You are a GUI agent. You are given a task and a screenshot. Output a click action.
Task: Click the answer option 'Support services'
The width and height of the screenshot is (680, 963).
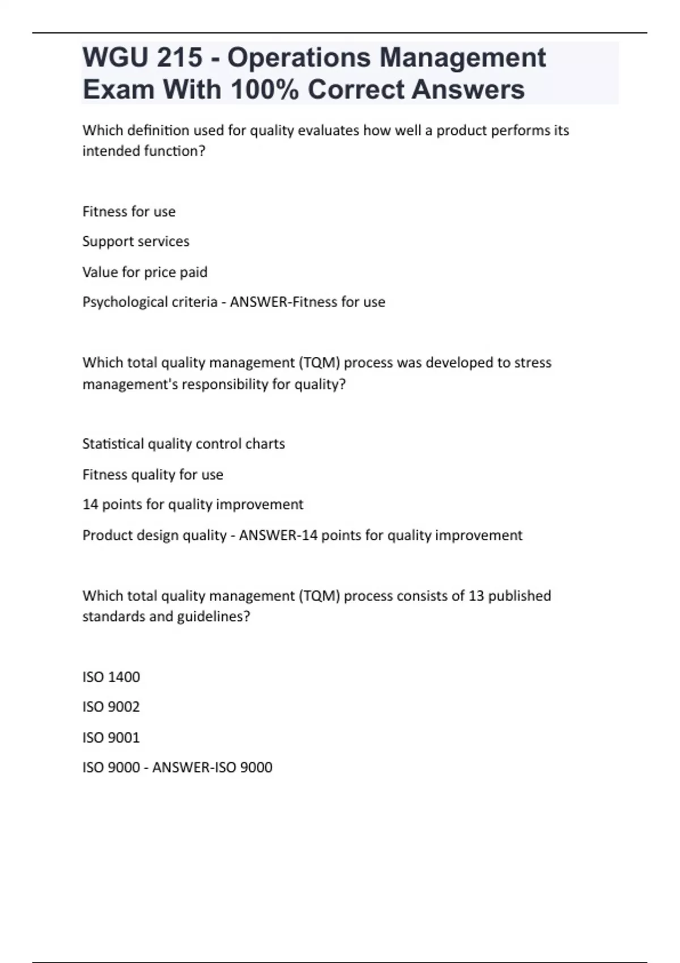[136, 241]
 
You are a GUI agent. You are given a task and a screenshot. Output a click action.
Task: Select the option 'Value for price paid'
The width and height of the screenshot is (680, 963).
[145, 272]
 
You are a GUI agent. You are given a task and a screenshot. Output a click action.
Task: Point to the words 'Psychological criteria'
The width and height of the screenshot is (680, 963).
[150, 302]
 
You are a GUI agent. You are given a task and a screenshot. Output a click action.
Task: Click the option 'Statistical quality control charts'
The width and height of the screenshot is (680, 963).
[184, 444]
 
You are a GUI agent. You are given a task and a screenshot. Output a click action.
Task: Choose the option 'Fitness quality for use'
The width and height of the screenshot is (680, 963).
[153, 474]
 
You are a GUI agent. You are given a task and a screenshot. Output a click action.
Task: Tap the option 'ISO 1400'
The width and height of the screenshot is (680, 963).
[111, 677]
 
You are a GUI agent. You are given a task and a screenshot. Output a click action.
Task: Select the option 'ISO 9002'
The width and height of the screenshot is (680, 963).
[111, 707]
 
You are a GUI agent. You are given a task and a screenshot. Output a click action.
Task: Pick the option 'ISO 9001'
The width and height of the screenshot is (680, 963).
[111, 738]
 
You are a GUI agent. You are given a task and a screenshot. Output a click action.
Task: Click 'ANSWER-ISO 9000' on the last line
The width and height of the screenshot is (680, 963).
[212, 768]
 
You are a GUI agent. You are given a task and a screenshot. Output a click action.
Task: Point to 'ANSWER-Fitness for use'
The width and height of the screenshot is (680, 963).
[308, 302]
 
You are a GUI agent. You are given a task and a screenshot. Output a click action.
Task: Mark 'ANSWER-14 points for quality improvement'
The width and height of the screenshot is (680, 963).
[381, 535]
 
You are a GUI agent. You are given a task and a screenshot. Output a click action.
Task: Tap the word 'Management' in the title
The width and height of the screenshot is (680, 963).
[462, 58]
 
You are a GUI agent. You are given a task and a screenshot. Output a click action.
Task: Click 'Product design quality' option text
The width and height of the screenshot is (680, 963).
[154, 535]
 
